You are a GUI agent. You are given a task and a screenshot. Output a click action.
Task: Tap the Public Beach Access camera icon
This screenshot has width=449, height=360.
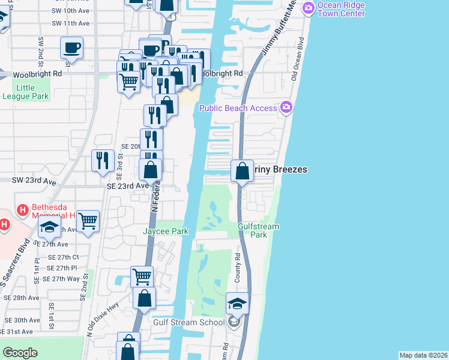click(286, 107)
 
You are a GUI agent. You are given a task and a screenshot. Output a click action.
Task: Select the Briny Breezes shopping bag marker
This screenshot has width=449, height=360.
click(241, 171)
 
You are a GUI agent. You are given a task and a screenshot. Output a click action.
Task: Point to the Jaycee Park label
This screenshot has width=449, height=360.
click(165, 231)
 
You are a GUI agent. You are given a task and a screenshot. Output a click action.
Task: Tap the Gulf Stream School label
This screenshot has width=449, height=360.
click(182, 322)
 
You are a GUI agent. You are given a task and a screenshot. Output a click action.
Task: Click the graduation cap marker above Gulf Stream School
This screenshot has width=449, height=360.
click(237, 304)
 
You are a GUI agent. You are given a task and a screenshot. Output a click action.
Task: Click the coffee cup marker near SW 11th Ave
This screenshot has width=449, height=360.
click(71, 47)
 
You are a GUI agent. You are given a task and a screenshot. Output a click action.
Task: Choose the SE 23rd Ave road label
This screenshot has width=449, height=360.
click(127, 186)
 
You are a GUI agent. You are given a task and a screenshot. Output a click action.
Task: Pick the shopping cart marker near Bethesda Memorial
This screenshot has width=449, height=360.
click(88, 222)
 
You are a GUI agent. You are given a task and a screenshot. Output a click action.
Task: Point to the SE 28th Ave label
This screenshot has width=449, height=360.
click(21, 298)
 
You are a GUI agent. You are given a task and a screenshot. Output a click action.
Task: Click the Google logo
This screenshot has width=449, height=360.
click(20, 353)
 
